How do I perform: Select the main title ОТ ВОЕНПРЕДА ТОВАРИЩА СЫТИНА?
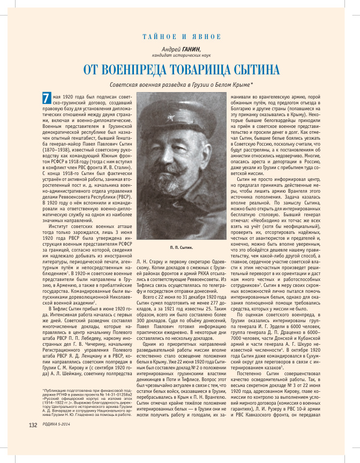[181, 70]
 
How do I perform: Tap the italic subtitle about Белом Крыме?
[181, 85]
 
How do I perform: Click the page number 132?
[33, 440]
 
